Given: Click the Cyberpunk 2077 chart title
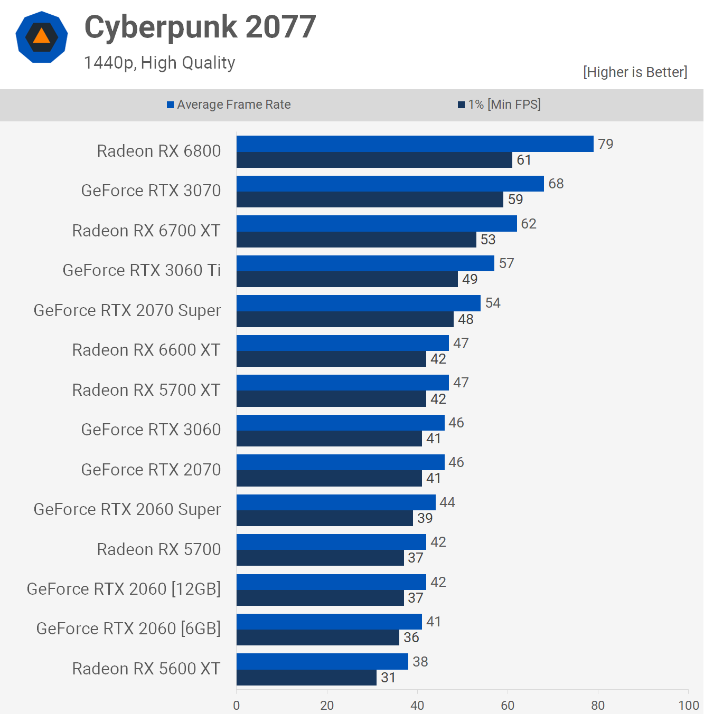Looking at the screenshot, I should click(x=200, y=27).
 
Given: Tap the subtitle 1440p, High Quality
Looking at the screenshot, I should click(x=159, y=63).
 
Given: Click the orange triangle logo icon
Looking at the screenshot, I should click(x=42, y=37).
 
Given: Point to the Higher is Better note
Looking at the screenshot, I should click(x=635, y=72).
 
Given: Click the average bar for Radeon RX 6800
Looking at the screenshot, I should click(x=415, y=144).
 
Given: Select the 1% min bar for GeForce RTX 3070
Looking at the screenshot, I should click(x=370, y=199).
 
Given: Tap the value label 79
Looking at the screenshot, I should click(x=605, y=144).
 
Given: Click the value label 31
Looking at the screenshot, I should click(x=388, y=678).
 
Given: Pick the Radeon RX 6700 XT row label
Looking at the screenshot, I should click(x=146, y=231).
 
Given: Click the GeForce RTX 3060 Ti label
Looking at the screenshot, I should click(x=142, y=270).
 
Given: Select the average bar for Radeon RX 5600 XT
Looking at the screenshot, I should click(x=322, y=661).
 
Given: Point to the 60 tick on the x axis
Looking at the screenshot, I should click(x=508, y=705).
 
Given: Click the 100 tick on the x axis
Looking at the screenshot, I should click(x=688, y=705).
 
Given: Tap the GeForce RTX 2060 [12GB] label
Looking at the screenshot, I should click(x=124, y=589).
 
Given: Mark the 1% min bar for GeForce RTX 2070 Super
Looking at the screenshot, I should click(x=345, y=319).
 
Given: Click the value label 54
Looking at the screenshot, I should click(x=493, y=303).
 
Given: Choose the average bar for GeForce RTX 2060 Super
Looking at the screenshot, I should click(x=336, y=502).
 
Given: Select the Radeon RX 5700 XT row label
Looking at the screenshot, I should click(x=146, y=390).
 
